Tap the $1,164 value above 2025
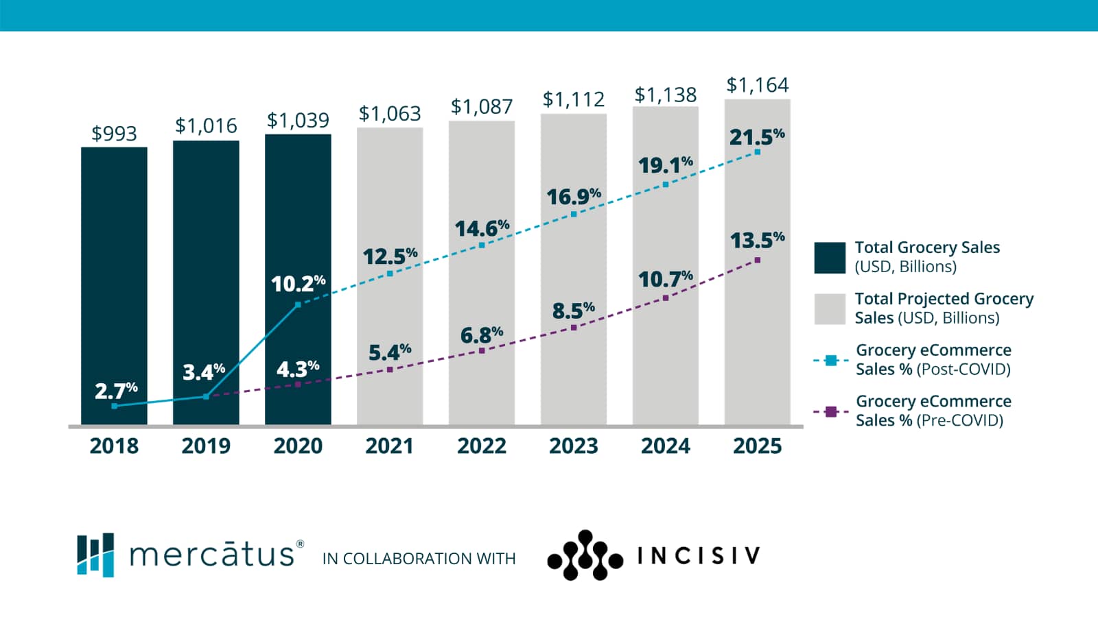(x=758, y=85)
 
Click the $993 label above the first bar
(x=114, y=133)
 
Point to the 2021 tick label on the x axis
(x=389, y=446)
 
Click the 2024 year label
(x=665, y=446)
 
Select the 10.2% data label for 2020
(x=298, y=283)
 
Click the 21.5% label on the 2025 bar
(x=756, y=137)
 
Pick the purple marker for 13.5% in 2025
(x=758, y=260)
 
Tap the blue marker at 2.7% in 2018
(x=114, y=406)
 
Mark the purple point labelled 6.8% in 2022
(x=482, y=350)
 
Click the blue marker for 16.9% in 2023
(x=574, y=215)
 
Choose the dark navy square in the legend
(x=830, y=258)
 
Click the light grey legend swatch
(x=830, y=309)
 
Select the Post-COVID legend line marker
(x=831, y=360)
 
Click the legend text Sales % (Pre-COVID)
(x=929, y=420)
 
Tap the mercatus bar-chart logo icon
(x=95, y=555)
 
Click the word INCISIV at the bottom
(x=699, y=555)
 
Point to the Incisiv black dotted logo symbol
(x=585, y=555)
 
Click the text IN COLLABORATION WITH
(x=419, y=559)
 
